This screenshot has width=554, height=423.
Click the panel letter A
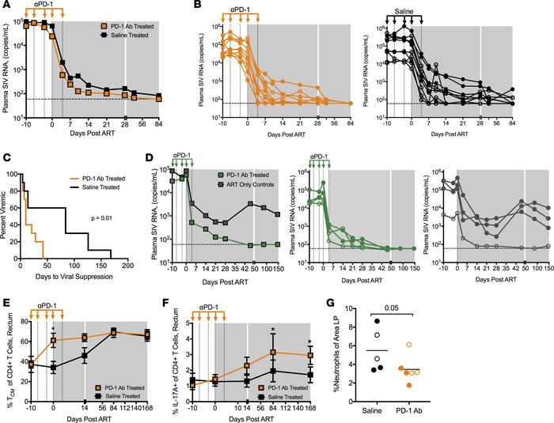point(6,6)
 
